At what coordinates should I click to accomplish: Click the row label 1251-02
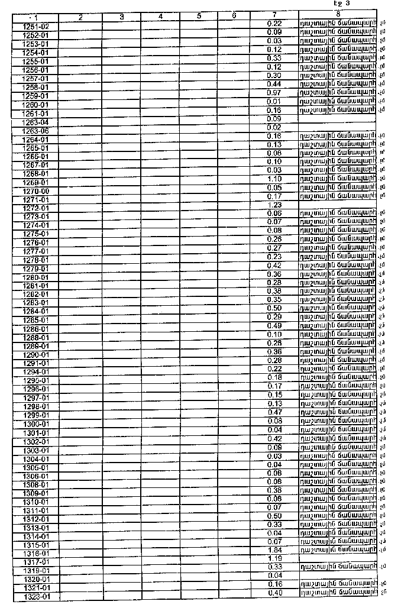[x=35, y=27]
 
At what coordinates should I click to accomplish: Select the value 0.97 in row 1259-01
[x=274, y=93]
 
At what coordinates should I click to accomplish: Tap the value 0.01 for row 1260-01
[x=274, y=102]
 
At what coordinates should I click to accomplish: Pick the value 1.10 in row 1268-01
[x=274, y=179]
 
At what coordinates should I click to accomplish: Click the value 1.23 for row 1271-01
[x=274, y=205]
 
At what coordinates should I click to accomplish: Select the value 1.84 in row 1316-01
[x=274, y=549]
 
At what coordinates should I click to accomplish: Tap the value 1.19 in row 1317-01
[x=274, y=558]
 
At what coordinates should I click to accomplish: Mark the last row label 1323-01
[x=35, y=597]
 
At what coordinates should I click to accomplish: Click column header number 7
[x=274, y=14]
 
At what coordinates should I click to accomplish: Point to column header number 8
[x=337, y=13]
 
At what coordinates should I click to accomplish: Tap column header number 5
[x=199, y=17]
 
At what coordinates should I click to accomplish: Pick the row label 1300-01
[x=35, y=424]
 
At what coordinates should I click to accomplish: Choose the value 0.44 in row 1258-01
[x=274, y=85]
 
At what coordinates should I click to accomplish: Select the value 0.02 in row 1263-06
[x=274, y=127]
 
